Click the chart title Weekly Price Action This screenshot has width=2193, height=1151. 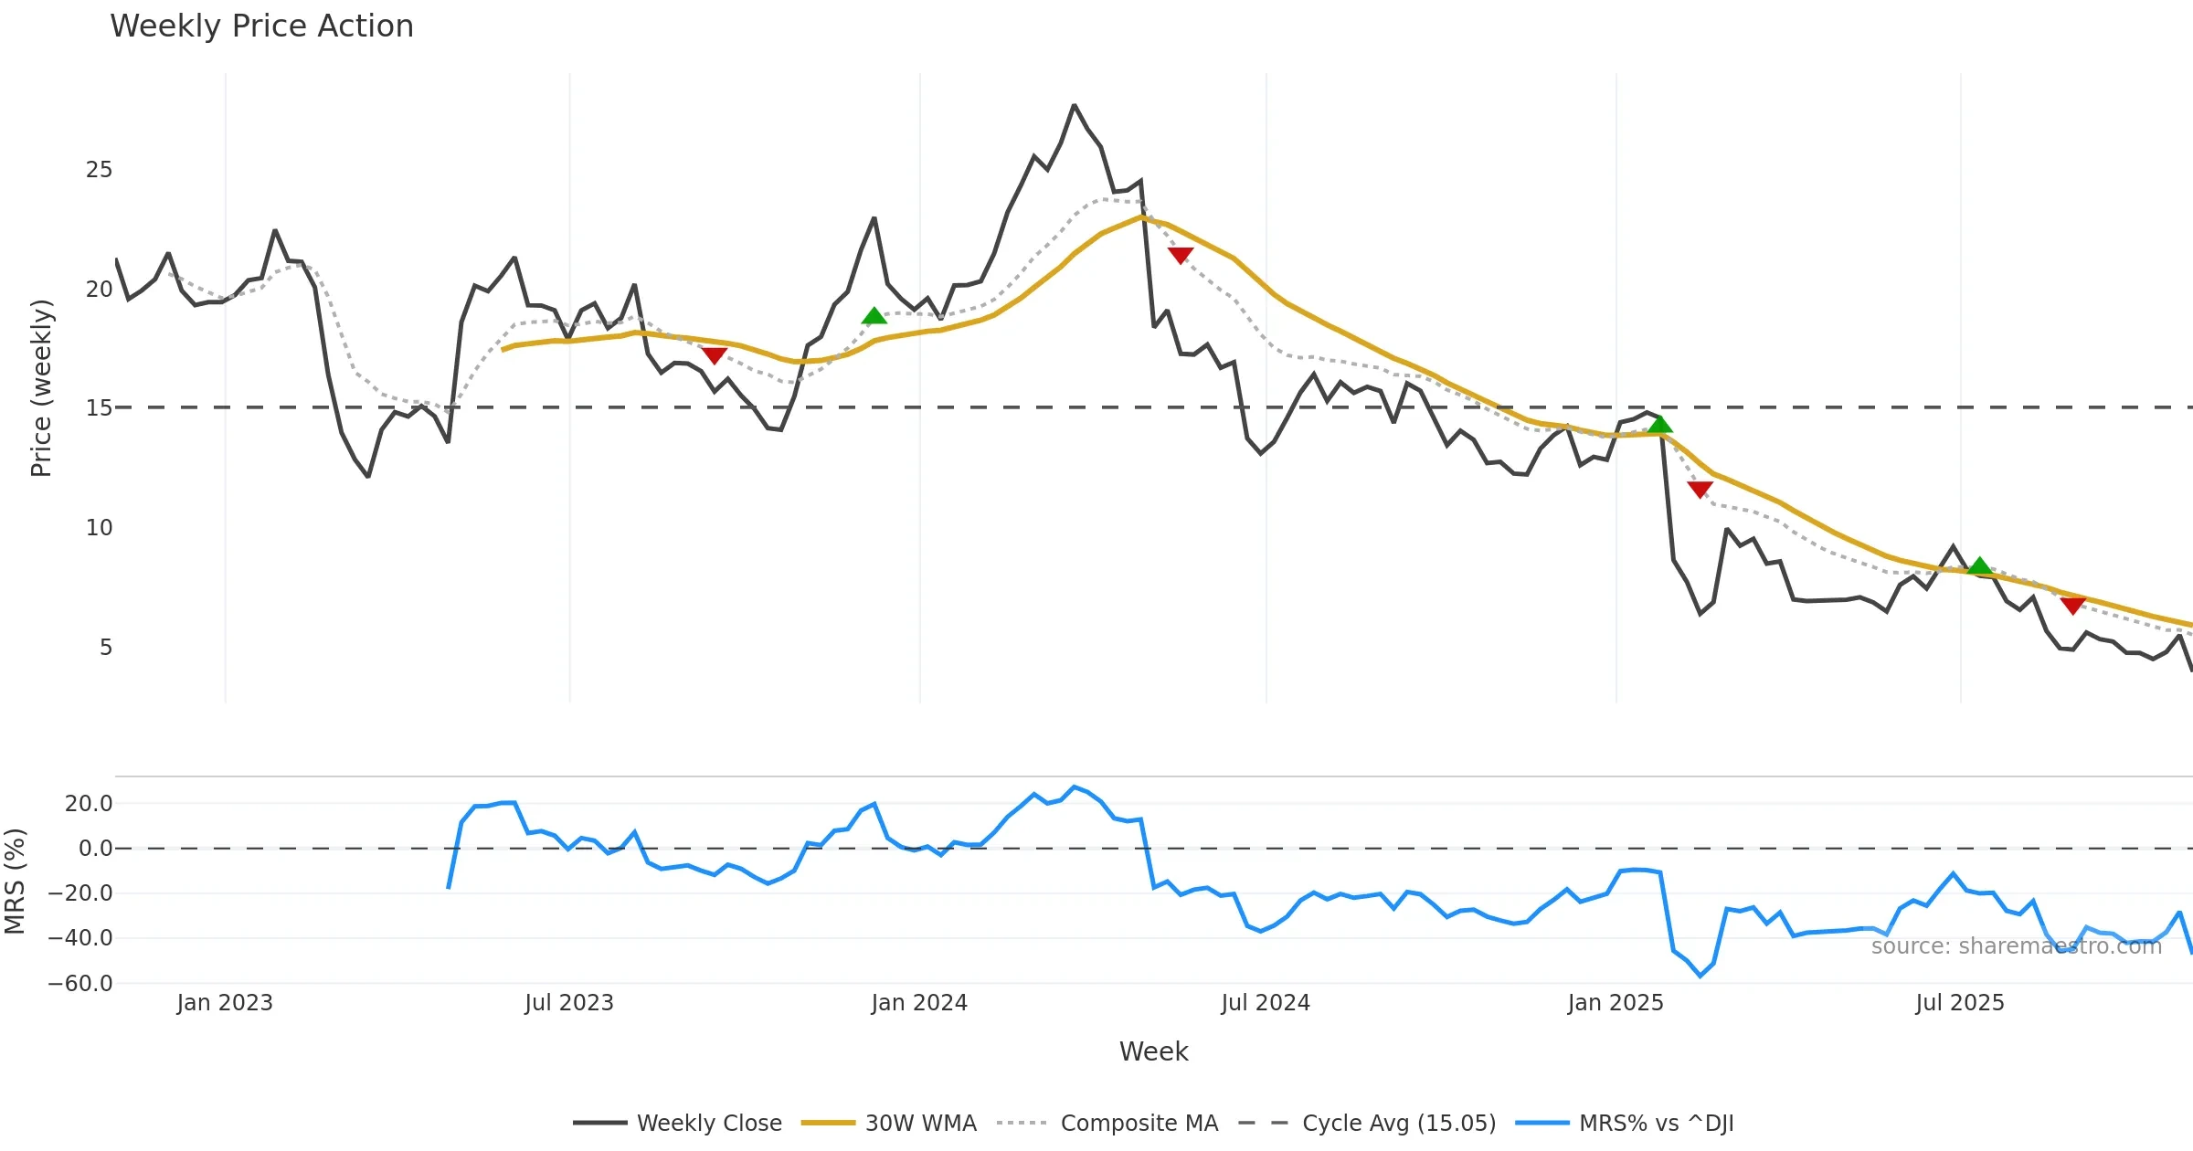click(261, 26)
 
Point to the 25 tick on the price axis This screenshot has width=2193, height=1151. click(99, 170)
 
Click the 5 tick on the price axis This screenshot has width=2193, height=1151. click(106, 648)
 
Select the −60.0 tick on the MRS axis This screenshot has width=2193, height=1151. click(80, 984)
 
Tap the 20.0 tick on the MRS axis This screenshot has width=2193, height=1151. click(88, 804)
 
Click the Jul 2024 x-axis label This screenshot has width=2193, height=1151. click(1266, 1003)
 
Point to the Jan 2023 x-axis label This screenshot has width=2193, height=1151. click(225, 1003)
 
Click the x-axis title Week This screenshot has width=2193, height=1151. click(1153, 1052)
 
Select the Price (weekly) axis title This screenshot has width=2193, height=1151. click(41, 388)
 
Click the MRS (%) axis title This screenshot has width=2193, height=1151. click(15, 881)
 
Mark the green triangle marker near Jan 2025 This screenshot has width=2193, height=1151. click(1660, 424)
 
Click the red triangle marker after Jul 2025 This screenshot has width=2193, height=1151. click(2072, 606)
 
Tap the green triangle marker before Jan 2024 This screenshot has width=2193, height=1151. click(874, 316)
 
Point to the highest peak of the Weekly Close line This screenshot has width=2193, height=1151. click(1075, 106)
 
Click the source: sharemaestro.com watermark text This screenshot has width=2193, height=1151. click(2016, 946)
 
